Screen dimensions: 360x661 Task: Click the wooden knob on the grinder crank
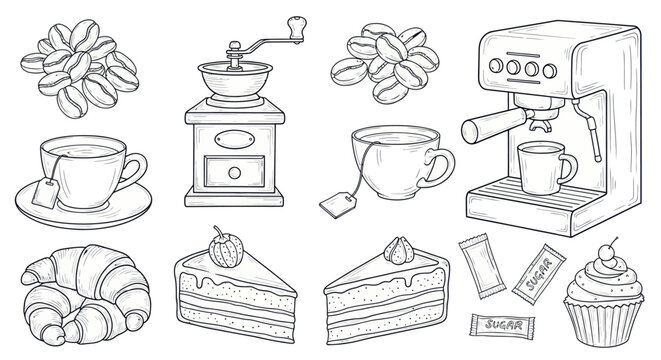click(297, 22)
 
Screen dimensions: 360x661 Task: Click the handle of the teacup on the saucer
click(134, 165)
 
